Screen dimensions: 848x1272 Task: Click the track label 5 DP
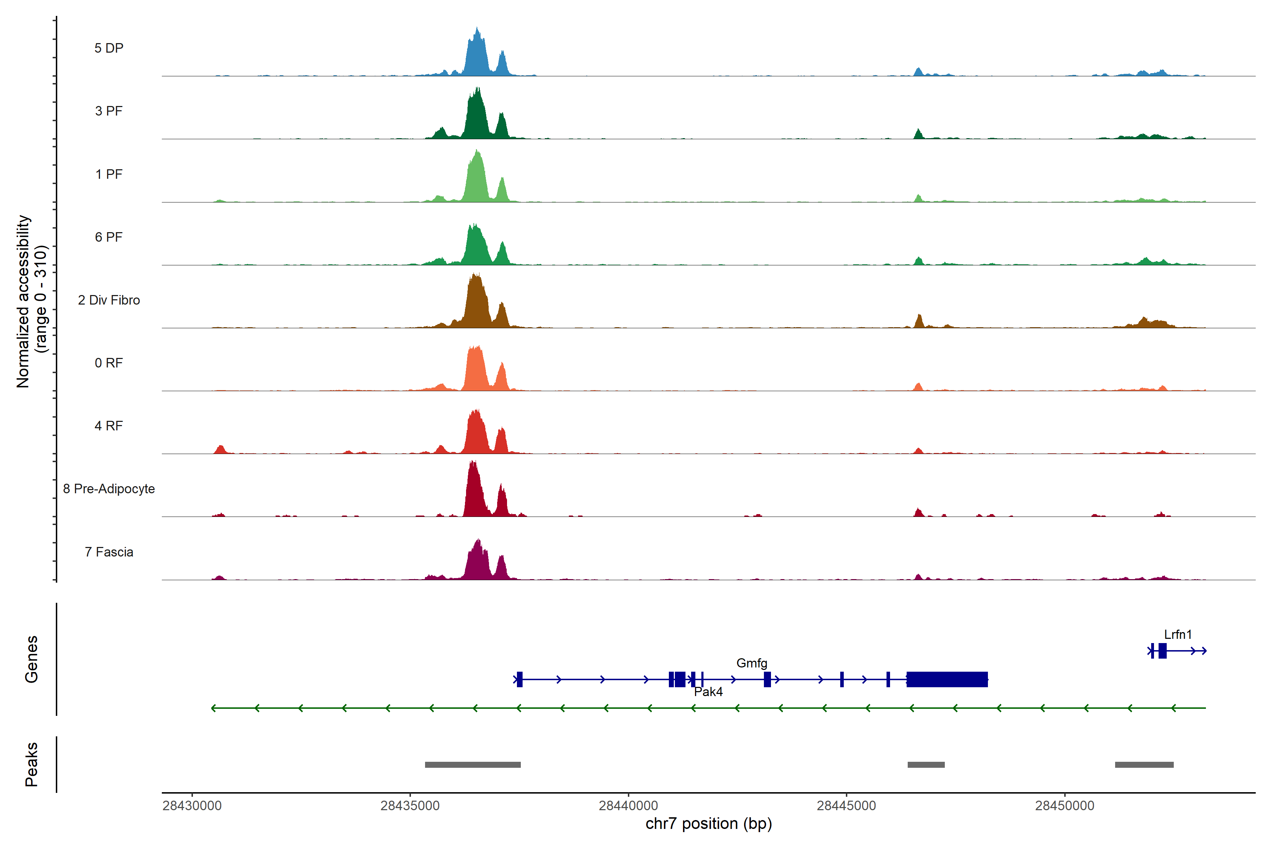109,48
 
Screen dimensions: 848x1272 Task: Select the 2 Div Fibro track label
109,300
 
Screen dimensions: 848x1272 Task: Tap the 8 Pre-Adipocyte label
109,489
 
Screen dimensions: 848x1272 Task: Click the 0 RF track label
109,363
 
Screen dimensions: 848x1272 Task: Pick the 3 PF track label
109,111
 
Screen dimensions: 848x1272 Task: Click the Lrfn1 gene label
1177,634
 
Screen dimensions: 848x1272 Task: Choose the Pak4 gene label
708,692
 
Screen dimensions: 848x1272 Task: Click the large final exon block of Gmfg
947,679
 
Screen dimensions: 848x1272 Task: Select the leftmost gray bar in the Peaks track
473,765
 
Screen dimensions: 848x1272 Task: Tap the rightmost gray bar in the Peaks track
1144,765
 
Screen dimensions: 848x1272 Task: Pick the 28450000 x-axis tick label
1064,805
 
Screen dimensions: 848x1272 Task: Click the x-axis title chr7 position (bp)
708,824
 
